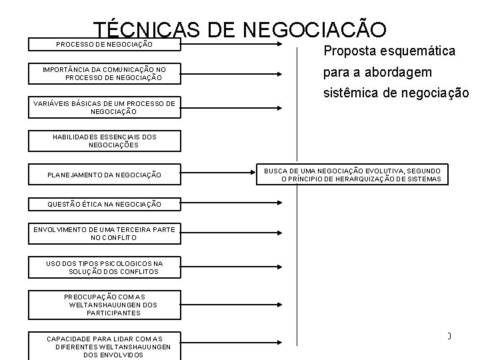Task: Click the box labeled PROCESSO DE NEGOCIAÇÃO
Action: (104, 44)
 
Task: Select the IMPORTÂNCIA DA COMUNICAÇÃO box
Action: (104, 73)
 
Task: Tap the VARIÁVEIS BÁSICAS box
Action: (104, 107)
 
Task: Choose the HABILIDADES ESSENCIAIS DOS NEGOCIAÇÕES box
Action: (104, 141)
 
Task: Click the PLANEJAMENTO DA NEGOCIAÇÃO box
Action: (104, 175)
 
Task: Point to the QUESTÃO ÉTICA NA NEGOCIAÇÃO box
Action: (104, 204)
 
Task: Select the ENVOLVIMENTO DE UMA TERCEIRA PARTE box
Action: (104, 233)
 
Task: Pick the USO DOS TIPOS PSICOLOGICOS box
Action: (104, 267)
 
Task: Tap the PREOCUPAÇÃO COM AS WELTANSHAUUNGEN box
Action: (104, 303)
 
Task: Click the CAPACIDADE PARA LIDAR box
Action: (104, 346)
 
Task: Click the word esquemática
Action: (418, 51)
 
